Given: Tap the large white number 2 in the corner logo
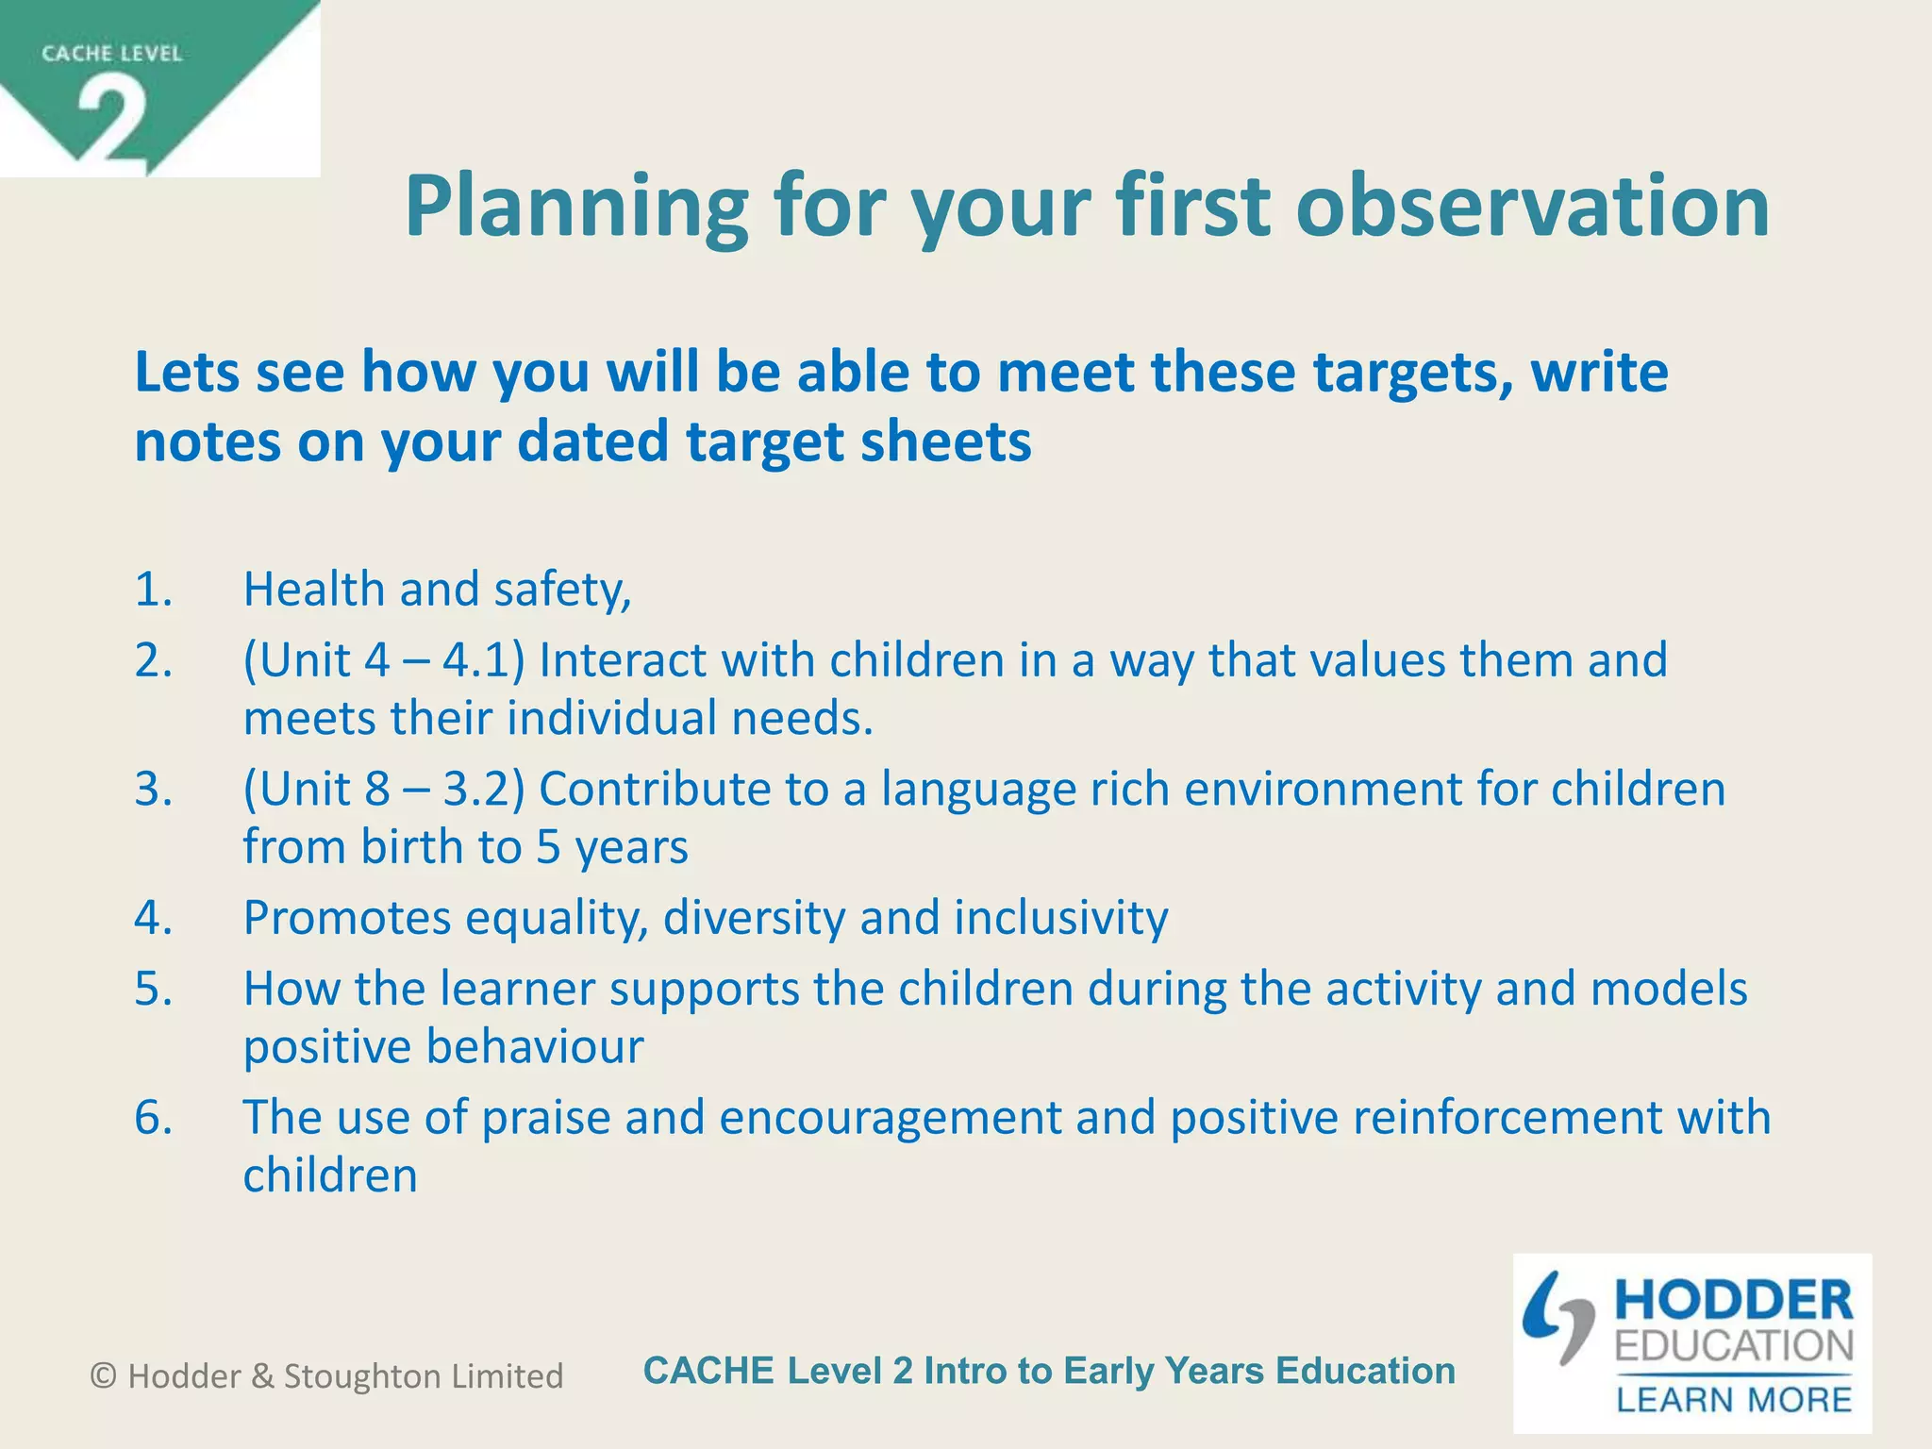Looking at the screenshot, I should pos(112,122).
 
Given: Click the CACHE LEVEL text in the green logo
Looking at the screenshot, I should pos(111,54).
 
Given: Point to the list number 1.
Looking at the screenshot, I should pos(153,590).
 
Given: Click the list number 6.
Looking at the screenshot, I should pos(153,1117).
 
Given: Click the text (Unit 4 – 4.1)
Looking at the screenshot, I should pos(384,660).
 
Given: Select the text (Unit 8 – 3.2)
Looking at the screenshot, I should pos(384,789).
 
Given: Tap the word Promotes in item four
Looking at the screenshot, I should pos(347,917).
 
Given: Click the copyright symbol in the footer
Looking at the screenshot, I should pos(103,1376).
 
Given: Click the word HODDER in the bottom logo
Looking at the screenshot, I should pos(1734,1301).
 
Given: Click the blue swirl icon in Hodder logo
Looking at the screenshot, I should pos(1557,1317).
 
